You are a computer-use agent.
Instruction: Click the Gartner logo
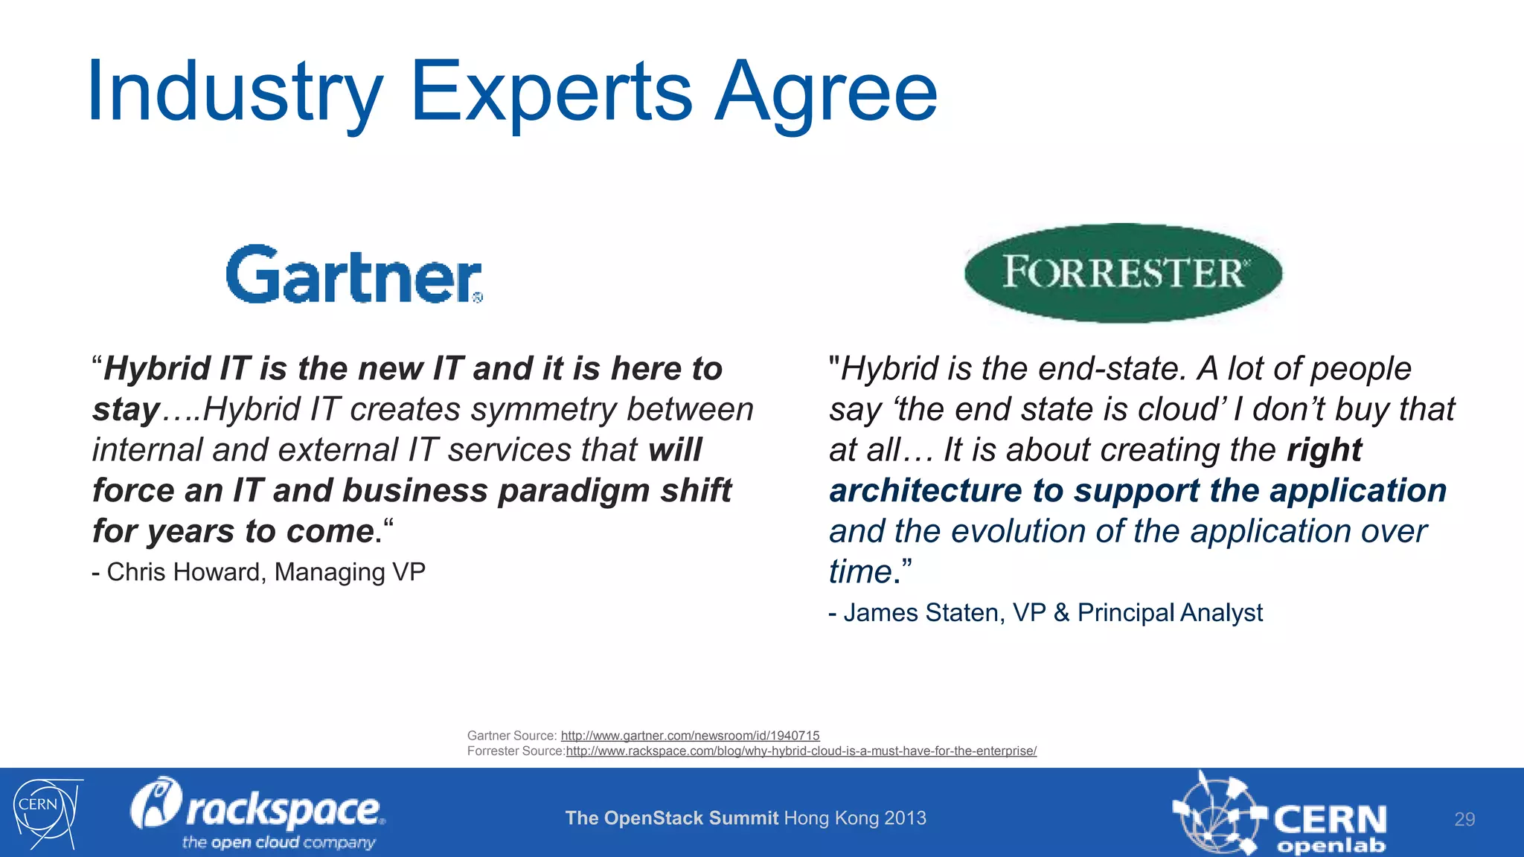[x=354, y=275]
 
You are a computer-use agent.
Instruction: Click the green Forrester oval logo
[x=1123, y=272]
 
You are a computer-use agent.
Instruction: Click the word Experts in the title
[x=551, y=92]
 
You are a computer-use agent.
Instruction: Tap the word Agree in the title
[x=825, y=92]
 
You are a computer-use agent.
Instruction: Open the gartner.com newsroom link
[x=690, y=736]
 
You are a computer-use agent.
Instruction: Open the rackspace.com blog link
[x=801, y=751]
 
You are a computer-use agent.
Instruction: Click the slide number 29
[x=1464, y=819]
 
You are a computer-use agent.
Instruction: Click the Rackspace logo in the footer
[x=257, y=812]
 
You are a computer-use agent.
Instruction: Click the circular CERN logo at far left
[x=45, y=812]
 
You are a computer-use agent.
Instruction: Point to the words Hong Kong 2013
[x=855, y=818]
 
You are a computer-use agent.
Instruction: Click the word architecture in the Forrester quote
[x=925, y=491]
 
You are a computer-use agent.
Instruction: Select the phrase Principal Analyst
[x=1169, y=613]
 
